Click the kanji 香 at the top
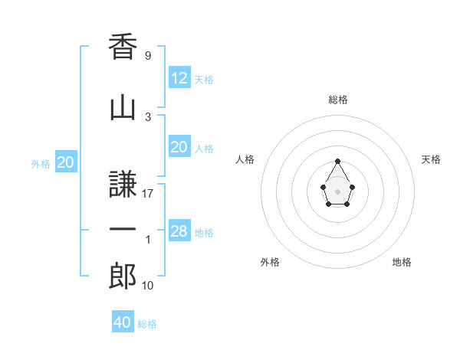[x=123, y=48]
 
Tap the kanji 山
[x=123, y=108]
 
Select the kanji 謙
[x=123, y=185]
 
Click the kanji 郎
[x=123, y=277]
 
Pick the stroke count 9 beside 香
[x=147, y=56]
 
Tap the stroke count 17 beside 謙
[x=148, y=194]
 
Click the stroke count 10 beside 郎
[x=148, y=286]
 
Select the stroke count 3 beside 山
[x=147, y=116]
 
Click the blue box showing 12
[x=179, y=77]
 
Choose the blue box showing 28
[x=179, y=231]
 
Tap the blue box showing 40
[x=123, y=322]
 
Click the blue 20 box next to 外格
[x=66, y=162]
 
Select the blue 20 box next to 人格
[x=179, y=147]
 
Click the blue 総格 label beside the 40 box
[x=147, y=324]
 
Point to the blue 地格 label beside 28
[x=204, y=233]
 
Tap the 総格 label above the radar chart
[x=337, y=100]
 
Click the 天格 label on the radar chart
[x=431, y=159]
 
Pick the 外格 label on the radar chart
[x=270, y=262]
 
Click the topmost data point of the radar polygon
[x=337, y=161]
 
